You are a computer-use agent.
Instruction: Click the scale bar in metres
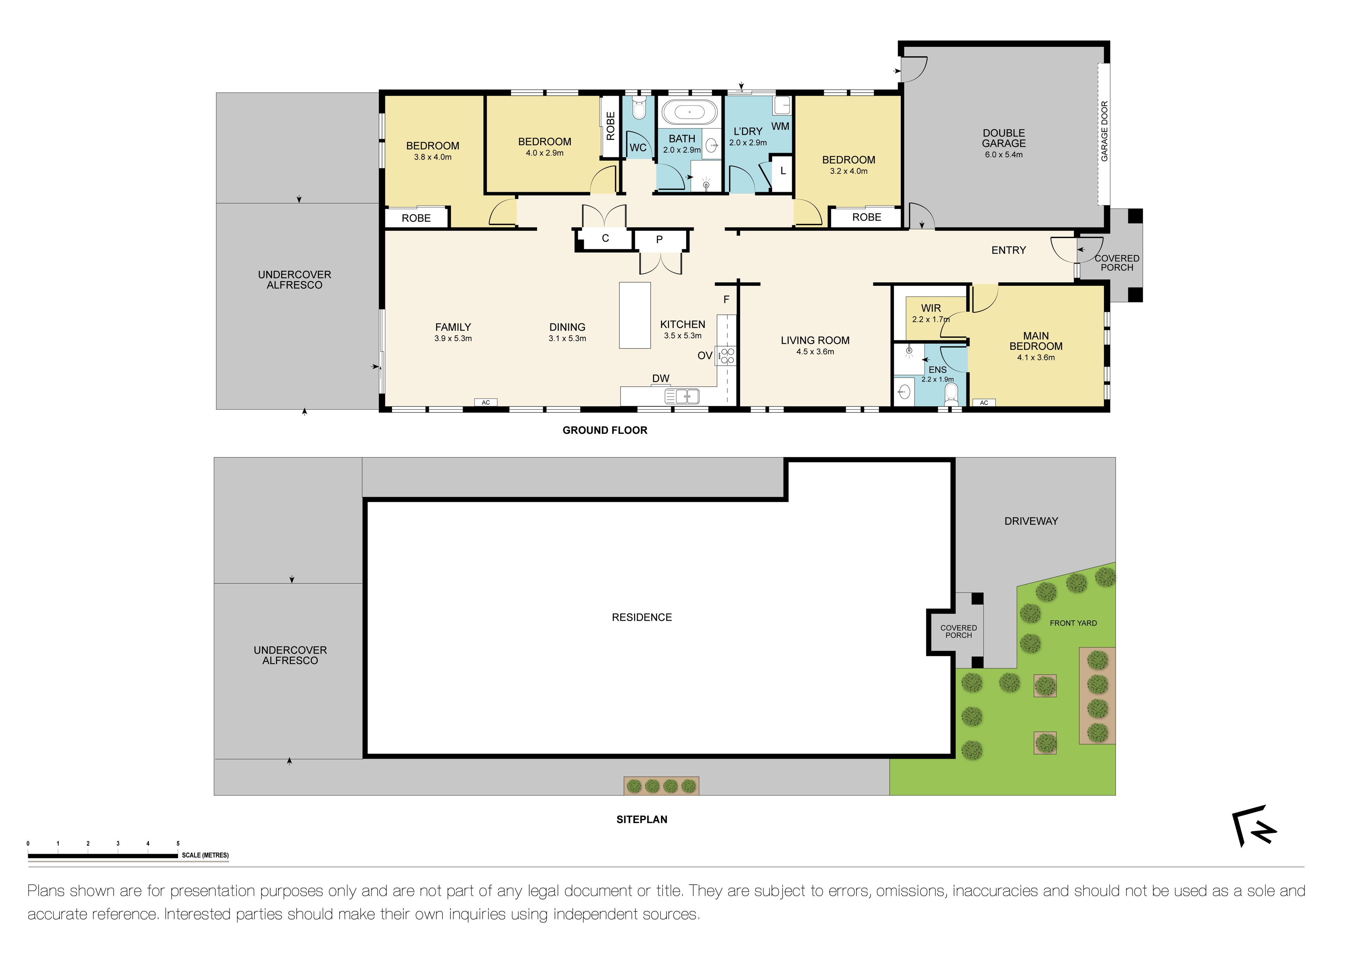(103, 855)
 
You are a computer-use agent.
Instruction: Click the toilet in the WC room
(638, 109)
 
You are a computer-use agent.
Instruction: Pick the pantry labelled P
(659, 240)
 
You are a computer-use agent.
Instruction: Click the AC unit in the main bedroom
(984, 403)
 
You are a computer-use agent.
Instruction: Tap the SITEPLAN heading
(642, 819)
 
